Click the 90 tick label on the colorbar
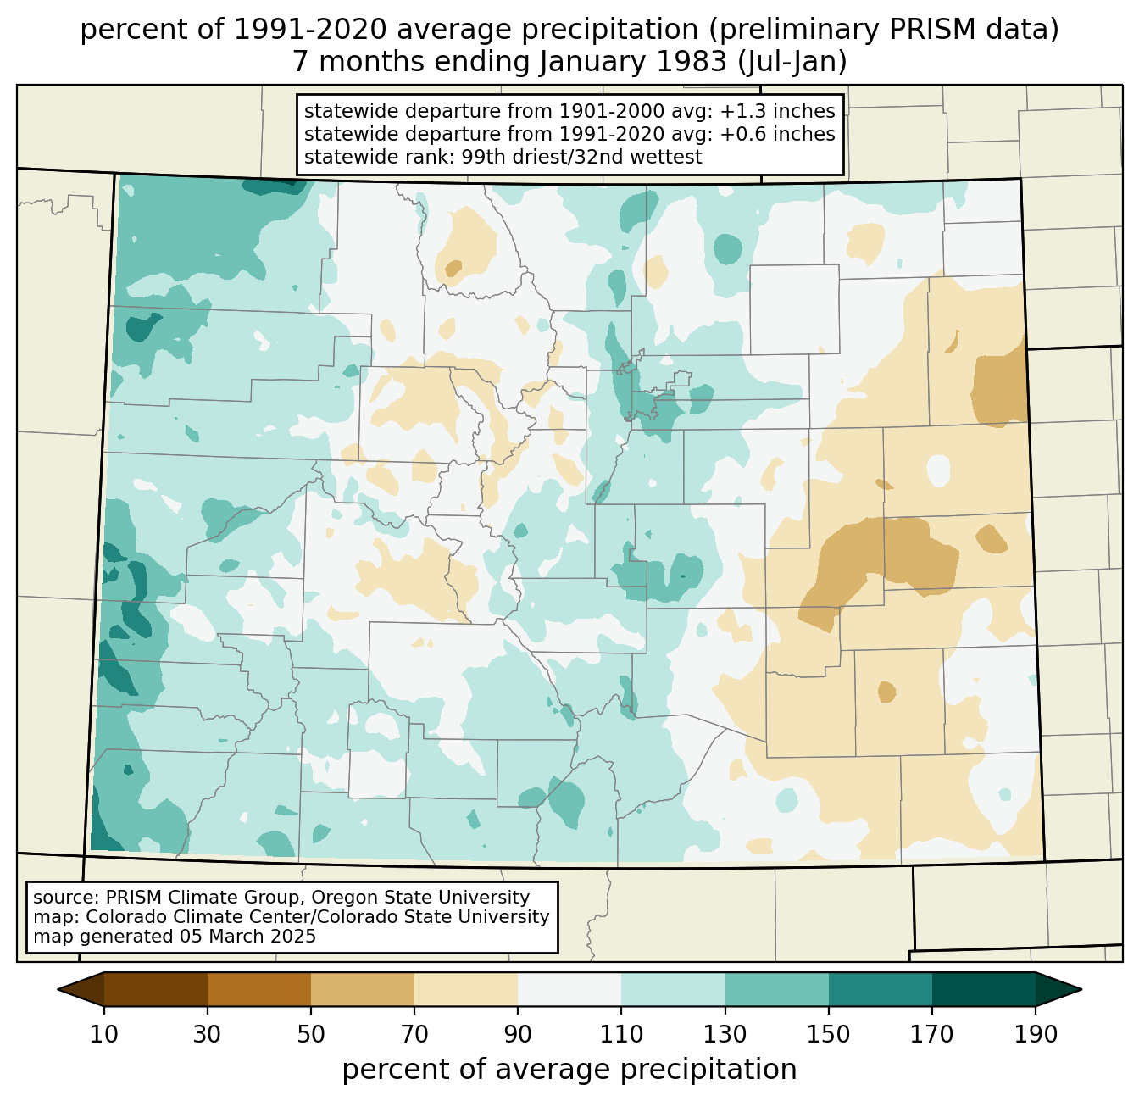pyautogui.click(x=518, y=1035)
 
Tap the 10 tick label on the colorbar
pyautogui.click(x=104, y=1035)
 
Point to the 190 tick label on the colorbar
pyautogui.click(x=1036, y=1035)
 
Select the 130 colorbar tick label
pyautogui.click(x=725, y=1035)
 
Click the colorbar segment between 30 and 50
pyautogui.click(x=259, y=989)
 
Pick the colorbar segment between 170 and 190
pyautogui.click(x=984, y=989)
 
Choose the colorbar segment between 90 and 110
pyautogui.click(x=569, y=989)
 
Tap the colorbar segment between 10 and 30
pyautogui.click(x=156, y=989)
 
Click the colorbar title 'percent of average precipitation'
pyautogui.click(x=569, y=1070)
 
